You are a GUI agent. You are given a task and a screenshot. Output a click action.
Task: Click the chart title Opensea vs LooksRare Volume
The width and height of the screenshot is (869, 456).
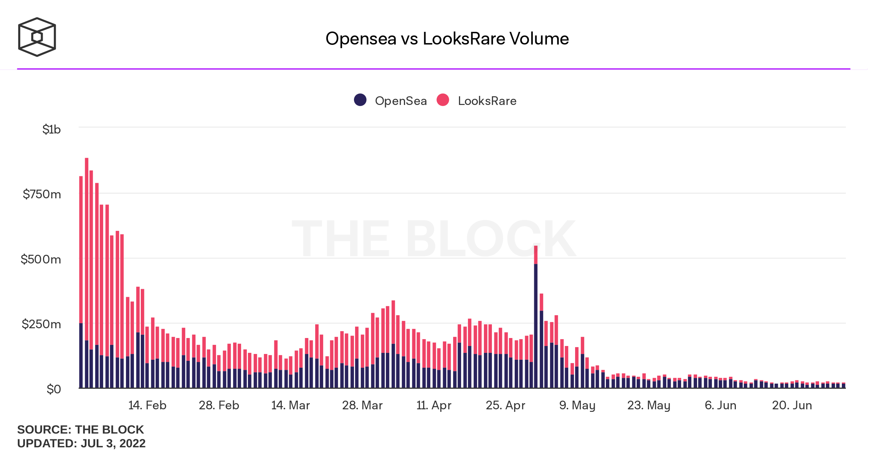click(x=447, y=39)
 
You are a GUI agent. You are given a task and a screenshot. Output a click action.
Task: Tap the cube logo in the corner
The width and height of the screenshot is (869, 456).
click(x=37, y=37)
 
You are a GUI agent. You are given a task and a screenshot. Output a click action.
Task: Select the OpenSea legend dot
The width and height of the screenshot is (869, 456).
click(x=360, y=100)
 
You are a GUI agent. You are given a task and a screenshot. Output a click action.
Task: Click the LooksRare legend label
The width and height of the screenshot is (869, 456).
click(x=487, y=101)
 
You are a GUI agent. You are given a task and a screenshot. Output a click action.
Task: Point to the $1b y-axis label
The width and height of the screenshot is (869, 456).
click(x=51, y=130)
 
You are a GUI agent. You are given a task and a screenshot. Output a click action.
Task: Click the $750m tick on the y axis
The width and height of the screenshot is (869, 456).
click(x=42, y=194)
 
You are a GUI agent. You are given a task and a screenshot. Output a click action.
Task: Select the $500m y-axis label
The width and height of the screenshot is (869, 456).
click(x=41, y=259)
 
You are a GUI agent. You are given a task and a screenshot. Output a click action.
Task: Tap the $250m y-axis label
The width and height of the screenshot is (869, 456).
click(x=41, y=324)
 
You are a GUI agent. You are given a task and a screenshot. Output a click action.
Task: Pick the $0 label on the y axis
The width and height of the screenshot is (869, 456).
click(x=54, y=389)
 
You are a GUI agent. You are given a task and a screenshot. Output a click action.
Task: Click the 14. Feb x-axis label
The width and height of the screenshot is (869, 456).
click(x=147, y=405)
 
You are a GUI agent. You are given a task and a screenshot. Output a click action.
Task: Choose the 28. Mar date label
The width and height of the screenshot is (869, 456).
click(x=362, y=405)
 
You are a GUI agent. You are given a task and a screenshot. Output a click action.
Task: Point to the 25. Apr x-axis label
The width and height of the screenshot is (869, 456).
click(x=505, y=405)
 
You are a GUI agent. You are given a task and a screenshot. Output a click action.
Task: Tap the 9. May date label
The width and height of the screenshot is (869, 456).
click(x=577, y=405)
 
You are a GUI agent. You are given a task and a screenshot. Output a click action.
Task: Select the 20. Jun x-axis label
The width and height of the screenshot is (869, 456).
click(x=792, y=405)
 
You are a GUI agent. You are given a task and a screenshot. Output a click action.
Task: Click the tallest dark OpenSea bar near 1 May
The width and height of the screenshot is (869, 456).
click(x=536, y=326)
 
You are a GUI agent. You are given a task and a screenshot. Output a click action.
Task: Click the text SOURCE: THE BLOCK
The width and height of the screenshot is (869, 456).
click(x=80, y=430)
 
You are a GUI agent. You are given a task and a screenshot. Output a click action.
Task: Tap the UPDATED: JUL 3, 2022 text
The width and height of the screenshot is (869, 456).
click(x=81, y=443)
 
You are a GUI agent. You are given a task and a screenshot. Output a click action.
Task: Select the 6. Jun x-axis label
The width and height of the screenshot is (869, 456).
click(x=720, y=405)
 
